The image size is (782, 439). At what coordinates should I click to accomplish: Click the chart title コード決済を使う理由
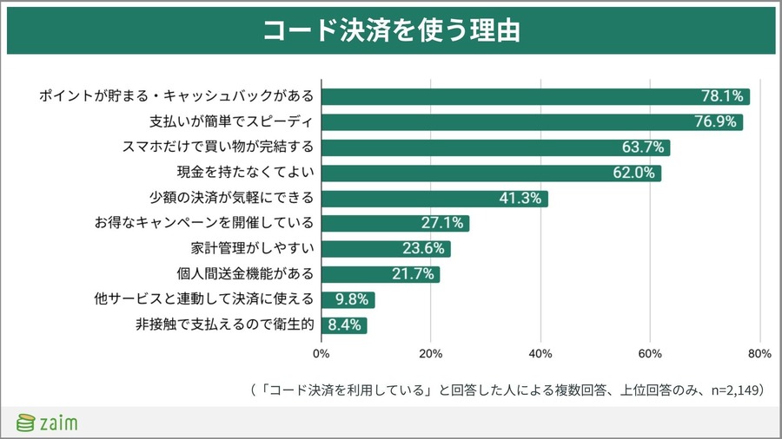391,30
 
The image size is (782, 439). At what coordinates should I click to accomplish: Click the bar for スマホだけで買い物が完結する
495,147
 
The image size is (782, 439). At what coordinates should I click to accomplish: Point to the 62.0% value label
634,173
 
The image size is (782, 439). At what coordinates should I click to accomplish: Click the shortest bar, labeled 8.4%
345,326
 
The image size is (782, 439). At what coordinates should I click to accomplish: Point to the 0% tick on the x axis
321,354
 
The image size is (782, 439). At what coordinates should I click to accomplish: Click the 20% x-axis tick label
431,354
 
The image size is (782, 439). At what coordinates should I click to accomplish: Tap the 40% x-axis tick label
540,354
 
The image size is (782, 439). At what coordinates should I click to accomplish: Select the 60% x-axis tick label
650,354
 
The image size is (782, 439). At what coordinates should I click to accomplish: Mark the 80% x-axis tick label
759,354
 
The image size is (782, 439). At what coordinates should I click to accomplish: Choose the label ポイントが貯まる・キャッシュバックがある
176,96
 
